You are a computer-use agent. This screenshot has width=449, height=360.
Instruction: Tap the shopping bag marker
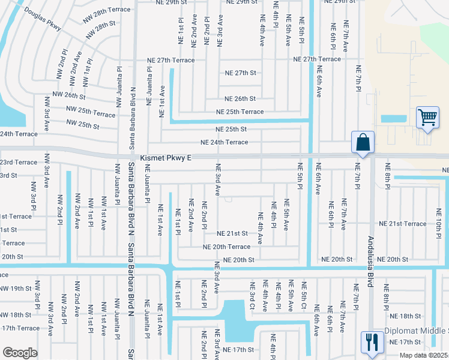click(x=363, y=143)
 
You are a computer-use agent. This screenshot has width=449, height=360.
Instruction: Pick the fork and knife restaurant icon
click(x=372, y=342)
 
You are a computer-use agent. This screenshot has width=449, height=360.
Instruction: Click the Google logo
click(x=20, y=352)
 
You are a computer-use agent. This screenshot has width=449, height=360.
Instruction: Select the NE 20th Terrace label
click(x=226, y=247)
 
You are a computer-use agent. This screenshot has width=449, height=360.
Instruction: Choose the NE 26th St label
click(x=240, y=99)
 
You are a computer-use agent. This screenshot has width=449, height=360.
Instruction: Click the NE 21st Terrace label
click(x=408, y=224)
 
